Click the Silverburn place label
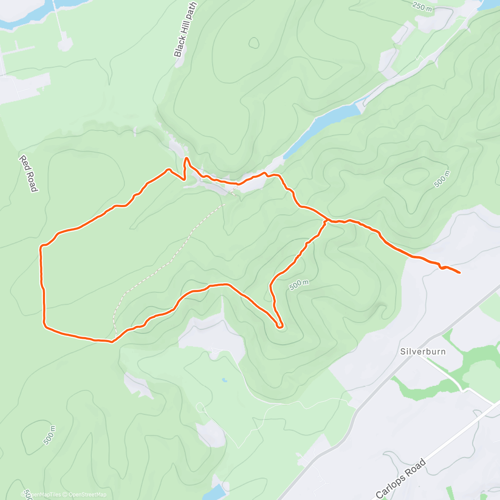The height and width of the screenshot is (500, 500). tap(423, 351)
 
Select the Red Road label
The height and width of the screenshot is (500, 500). tap(29, 173)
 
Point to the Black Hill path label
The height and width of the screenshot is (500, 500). tap(185, 29)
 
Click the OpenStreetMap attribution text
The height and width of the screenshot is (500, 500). tap(87, 495)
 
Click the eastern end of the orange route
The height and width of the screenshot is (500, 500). tap(459, 273)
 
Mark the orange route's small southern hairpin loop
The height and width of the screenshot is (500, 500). tap(280, 326)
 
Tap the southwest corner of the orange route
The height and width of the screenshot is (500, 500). tap(44, 324)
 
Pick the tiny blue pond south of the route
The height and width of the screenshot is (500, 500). tap(225, 380)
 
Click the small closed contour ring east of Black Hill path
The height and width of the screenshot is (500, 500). tap(254, 42)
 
